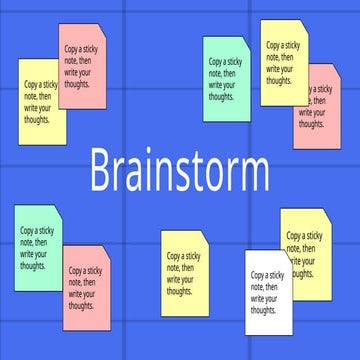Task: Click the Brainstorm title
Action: point(179,171)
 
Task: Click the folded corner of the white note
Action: point(285,256)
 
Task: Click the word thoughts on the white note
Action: point(263,311)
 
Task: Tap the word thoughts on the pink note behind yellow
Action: point(312,125)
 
